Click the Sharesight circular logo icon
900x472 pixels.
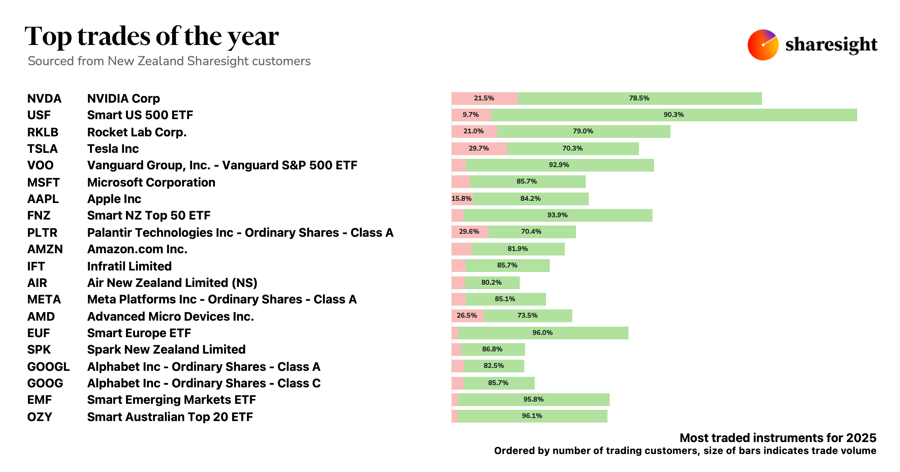pyautogui.click(x=763, y=45)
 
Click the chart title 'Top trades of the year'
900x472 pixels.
pyautogui.click(x=151, y=37)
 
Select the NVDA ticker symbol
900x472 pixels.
pyautogui.click(x=44, y=99)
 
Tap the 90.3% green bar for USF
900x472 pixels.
pyautogui.click(x=674, y=115)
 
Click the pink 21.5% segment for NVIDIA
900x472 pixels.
pyautogui.click(x=484, y=99)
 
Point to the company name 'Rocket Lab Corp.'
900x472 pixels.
pyautogui.click(x=136, y=132)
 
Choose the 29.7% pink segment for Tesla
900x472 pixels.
pyautogui.click(x=479, y=149)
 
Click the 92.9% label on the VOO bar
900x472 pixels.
pyautogui.click(x=559, y=165)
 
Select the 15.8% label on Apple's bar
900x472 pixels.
pyautogui.click(x=462, y=199)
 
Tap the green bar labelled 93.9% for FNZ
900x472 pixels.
pyautogui.click(x=558, y=215)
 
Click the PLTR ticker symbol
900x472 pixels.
pyautogui.click(x=42, y=233)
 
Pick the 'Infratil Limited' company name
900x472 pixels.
pyautogui.click(x=129, y=266)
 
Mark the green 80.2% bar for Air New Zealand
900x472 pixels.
pyautogui.click(x=492, y=283)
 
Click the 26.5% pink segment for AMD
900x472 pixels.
pyautogui.click(x=467, y=316)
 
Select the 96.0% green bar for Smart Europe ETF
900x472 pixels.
pyautogui.click(x=543, y=333)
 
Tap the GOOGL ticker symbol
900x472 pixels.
pyautogui.click(x=48, y=367)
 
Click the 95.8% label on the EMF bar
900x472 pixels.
pyautogui.click(x=533, y=399)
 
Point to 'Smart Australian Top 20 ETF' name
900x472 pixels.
pyautogui.click(x=170, y=417)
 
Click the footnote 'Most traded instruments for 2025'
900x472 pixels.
pyautogui.click(x=778, y=438)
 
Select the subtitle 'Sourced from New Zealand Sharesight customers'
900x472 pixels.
pyautogui.click(x=169, y=61)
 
